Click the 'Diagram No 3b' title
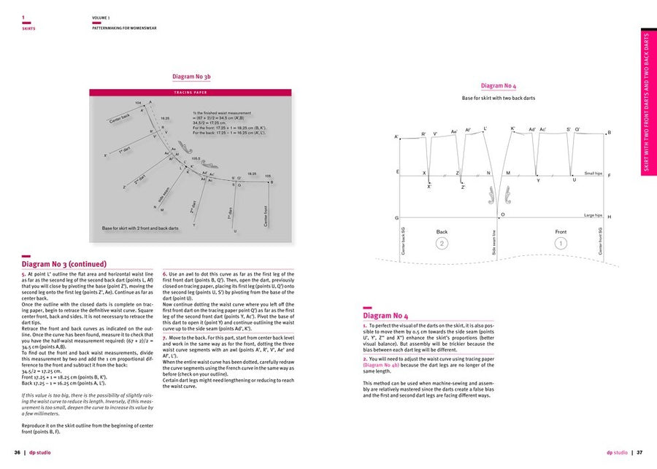(191, 76)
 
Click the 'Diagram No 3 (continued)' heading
(64, 264)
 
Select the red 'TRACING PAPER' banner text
(191, 93)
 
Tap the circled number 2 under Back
(442, 242)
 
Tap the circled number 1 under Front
(561, 242)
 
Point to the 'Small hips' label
(593, 174)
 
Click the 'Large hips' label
(593, 216)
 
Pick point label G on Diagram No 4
(396, 218)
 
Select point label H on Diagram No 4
(610, 217)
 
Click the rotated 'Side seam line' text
(493, 242)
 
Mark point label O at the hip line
(503, 214)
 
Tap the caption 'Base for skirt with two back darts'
(499, 98)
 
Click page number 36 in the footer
(17, 452)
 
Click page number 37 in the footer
(639, 452)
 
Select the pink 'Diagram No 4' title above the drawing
(499, 86)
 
